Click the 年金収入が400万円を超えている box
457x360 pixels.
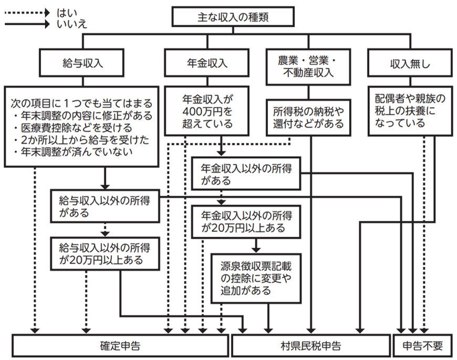[207, 111]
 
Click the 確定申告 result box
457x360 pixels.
[120, 346]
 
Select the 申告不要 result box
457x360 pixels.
[423, 346]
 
